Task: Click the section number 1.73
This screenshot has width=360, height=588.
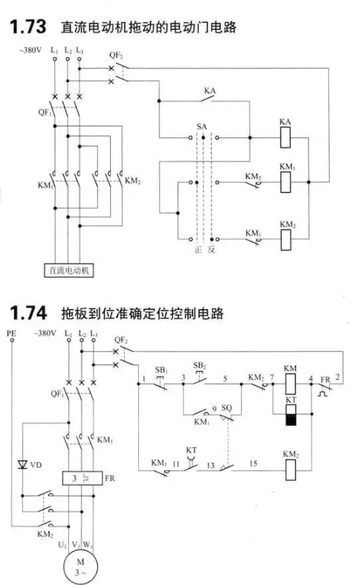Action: (28, 26)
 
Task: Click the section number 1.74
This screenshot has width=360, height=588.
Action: (28, 313)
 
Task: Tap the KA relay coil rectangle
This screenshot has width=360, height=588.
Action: (285, 137)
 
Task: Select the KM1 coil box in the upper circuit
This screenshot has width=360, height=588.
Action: (285, 182)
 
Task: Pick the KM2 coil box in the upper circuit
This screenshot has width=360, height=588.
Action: (286, 239)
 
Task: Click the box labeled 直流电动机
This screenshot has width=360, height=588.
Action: (69, 270)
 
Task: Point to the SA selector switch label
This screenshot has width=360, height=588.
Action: (201, 127)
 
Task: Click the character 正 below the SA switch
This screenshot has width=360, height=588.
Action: (198, 250)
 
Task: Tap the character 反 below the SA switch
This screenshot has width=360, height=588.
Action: (212, 250)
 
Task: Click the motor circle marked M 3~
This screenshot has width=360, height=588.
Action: (80, 567)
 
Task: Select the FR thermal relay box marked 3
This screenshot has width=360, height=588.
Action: (82, 478)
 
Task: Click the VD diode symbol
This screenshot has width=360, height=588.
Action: (23, 465)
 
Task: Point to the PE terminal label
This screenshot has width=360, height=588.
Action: (11, 333)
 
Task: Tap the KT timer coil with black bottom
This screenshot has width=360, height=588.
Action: (291, 415)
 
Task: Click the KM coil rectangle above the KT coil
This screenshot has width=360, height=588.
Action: (290, 384)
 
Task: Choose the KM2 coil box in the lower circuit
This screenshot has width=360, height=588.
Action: (290, 470)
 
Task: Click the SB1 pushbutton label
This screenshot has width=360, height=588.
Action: (161, 370)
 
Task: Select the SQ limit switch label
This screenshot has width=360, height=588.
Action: (227, 407)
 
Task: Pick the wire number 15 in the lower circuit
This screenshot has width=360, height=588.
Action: (253, 463)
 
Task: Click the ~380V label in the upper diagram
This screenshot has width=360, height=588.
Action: (30, 50)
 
